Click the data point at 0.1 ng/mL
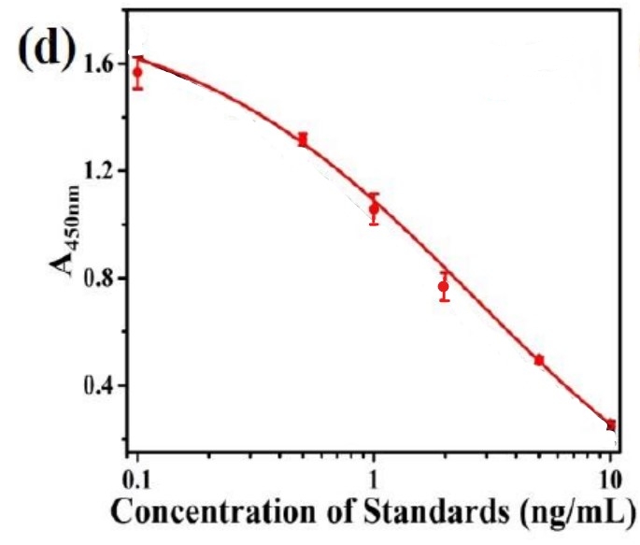pos(137,72)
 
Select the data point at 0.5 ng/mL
pos(303,139)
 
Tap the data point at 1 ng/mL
pos(374,208)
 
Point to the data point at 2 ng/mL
pos(444,286)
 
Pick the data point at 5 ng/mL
pos(539,360)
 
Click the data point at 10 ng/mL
pos(610,424)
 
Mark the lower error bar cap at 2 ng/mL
pos(444,300)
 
